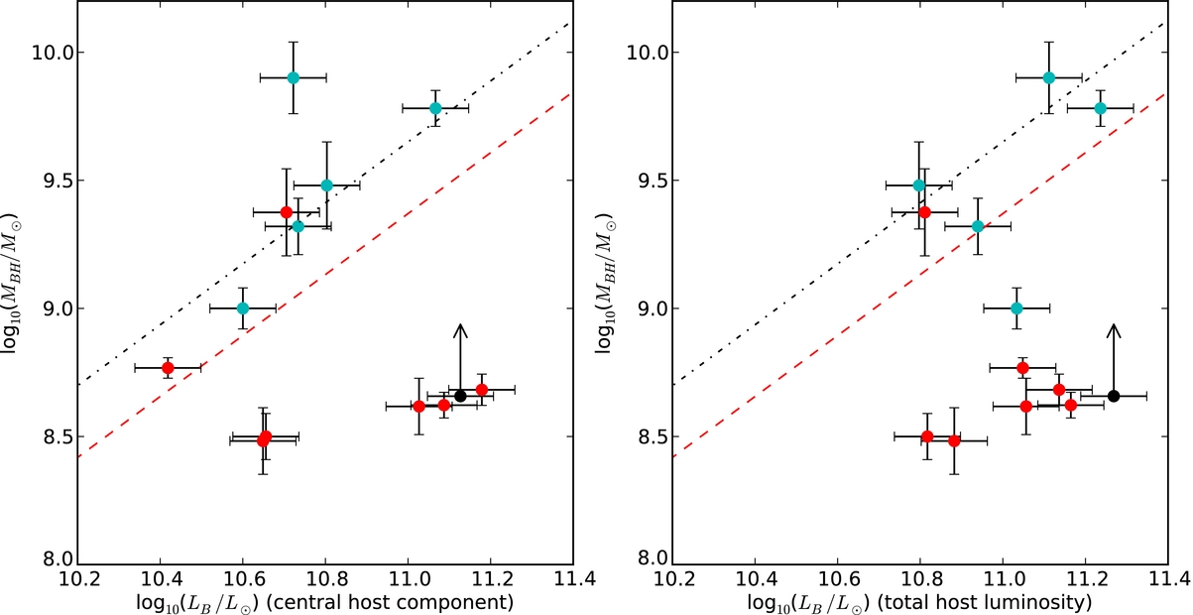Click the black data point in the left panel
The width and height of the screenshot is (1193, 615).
coord(460,396)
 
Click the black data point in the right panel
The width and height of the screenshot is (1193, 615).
coord(1114,396)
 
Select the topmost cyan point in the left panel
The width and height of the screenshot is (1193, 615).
coord(293,77)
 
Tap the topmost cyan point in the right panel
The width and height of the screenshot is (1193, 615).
coord(1049,77)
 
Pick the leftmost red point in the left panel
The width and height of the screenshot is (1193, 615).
coord(168,368)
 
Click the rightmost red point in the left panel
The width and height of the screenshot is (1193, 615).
coord(482,390)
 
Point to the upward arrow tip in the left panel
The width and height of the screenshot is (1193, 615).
coord(460,324)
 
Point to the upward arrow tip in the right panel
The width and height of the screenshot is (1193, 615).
coord(1114,324)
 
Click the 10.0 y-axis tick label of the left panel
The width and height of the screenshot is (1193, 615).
coord(54,53)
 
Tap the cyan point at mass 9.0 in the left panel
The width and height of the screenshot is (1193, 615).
coord(243,308)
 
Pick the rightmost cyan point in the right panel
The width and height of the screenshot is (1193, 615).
coord(1100,108)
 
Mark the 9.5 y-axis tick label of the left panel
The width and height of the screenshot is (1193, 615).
coord(54,181)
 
